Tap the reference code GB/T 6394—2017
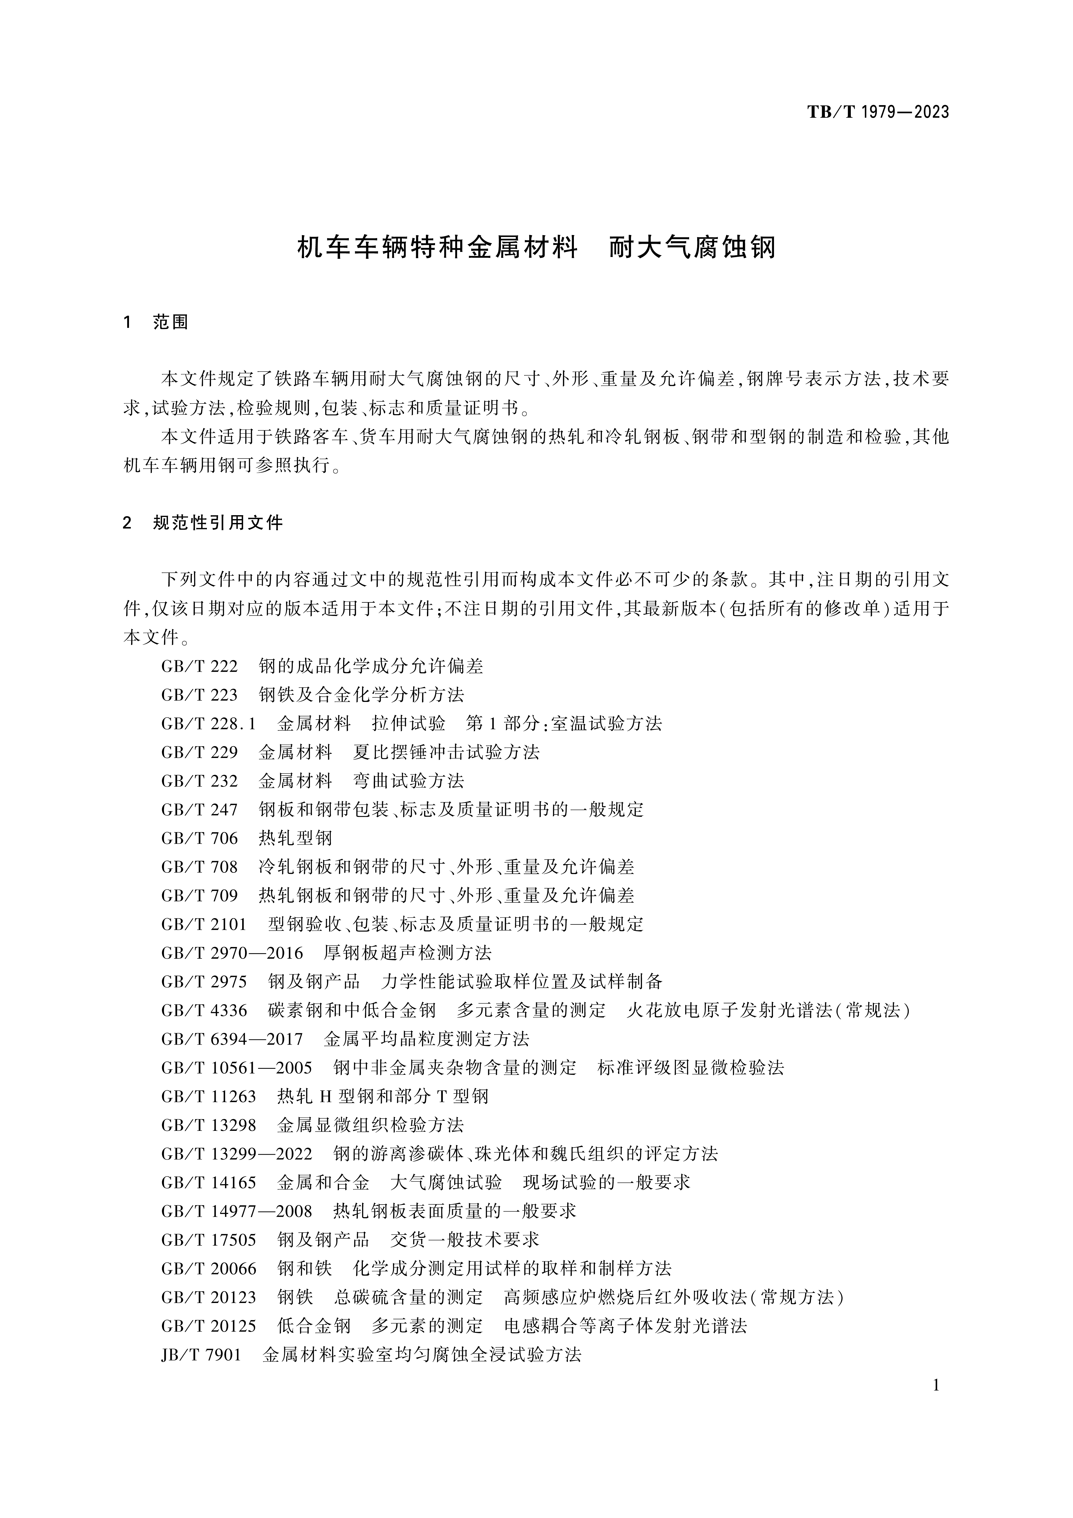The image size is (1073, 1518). [232, 1039]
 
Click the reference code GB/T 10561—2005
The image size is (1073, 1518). [236, 1068]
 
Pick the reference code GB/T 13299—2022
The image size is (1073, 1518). [236, 1154]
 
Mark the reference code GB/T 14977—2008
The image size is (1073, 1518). [236, 1211]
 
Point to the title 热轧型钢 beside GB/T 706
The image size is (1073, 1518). [295, 838]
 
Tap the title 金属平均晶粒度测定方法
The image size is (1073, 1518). [427, 1039]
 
